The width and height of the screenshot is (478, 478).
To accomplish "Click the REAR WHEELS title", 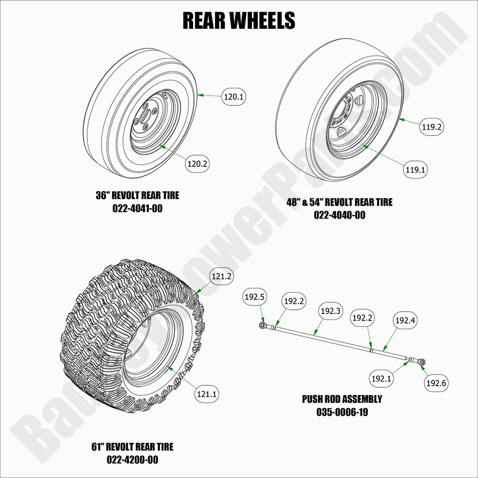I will [x=239, y=20].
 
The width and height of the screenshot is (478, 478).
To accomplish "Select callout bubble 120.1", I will [x=234, y=97].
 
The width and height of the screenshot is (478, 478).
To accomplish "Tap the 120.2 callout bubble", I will [x=198, y=164].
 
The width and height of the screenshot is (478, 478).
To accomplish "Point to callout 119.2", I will [x=432, y=127].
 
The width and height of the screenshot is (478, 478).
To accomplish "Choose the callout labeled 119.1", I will [x=416, y=170].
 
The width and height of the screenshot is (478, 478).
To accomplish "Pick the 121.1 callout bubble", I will [x=207, y=393].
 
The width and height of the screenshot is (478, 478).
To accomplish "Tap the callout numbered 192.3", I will [x=330, y=310].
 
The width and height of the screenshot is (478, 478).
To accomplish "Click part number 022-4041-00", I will [x=137, y=209].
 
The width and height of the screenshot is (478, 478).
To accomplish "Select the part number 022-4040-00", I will [x=339, y=215].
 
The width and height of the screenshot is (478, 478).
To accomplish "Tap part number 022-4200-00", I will [x=132, y=459].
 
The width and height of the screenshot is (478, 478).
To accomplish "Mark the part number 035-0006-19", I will [x=342, y=412].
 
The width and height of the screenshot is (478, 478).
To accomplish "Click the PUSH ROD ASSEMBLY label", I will [x=342, y=399].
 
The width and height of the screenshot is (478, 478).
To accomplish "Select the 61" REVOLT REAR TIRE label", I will [x=132, y=447].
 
